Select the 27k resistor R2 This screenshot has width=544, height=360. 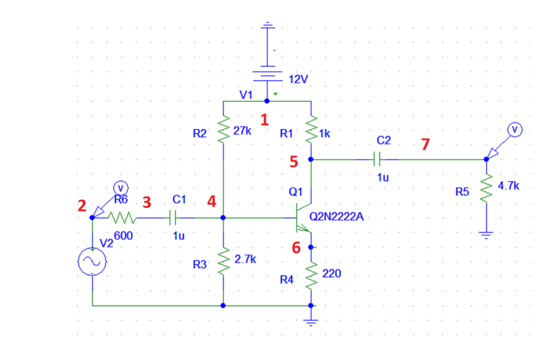click(223, 131)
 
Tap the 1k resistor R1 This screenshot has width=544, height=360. click(311, 131)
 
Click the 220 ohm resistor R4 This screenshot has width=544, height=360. click(311, 275)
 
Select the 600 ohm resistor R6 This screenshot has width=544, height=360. click(123, 218)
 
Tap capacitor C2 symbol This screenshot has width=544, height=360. click(378, 159)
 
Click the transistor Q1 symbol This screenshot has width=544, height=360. click(303, 218)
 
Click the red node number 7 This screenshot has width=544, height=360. click(425, 145)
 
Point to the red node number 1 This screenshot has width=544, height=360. click(265, 120)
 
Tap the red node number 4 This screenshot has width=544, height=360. click(212, 201)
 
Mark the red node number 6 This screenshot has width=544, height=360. click(296, 248)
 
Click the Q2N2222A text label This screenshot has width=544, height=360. click(335, 217)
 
